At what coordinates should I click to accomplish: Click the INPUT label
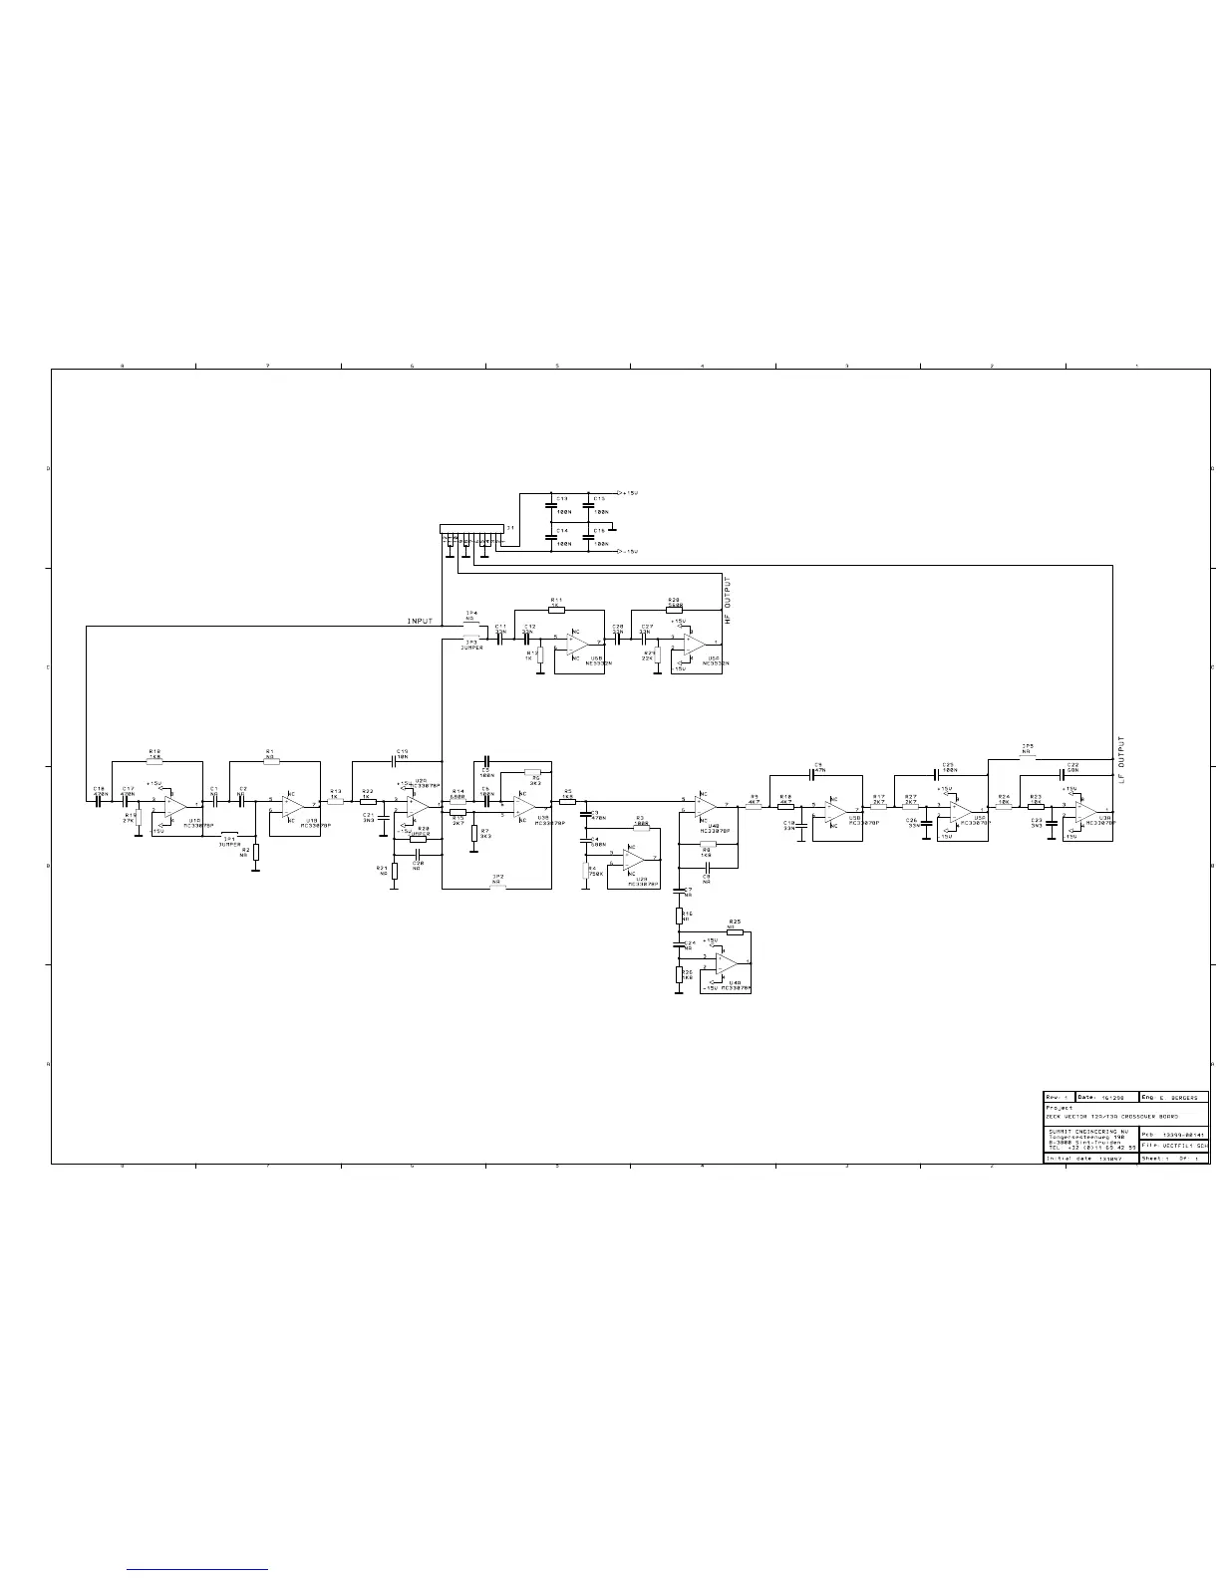point(421,621)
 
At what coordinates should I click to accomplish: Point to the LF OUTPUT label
point(1121,759)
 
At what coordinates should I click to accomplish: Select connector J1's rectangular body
point(471,529)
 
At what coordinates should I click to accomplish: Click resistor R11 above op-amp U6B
point(556,609)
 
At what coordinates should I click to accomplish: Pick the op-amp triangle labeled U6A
point(695,645)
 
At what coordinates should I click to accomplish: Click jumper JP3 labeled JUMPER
point(470,640)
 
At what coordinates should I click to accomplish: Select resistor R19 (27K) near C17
point(139,818)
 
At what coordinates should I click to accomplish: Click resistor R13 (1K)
point(335,801)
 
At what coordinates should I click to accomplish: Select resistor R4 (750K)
point(586,872)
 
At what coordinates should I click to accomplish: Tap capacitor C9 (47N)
point(817,774)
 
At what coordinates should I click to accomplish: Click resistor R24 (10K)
point(1003,807)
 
